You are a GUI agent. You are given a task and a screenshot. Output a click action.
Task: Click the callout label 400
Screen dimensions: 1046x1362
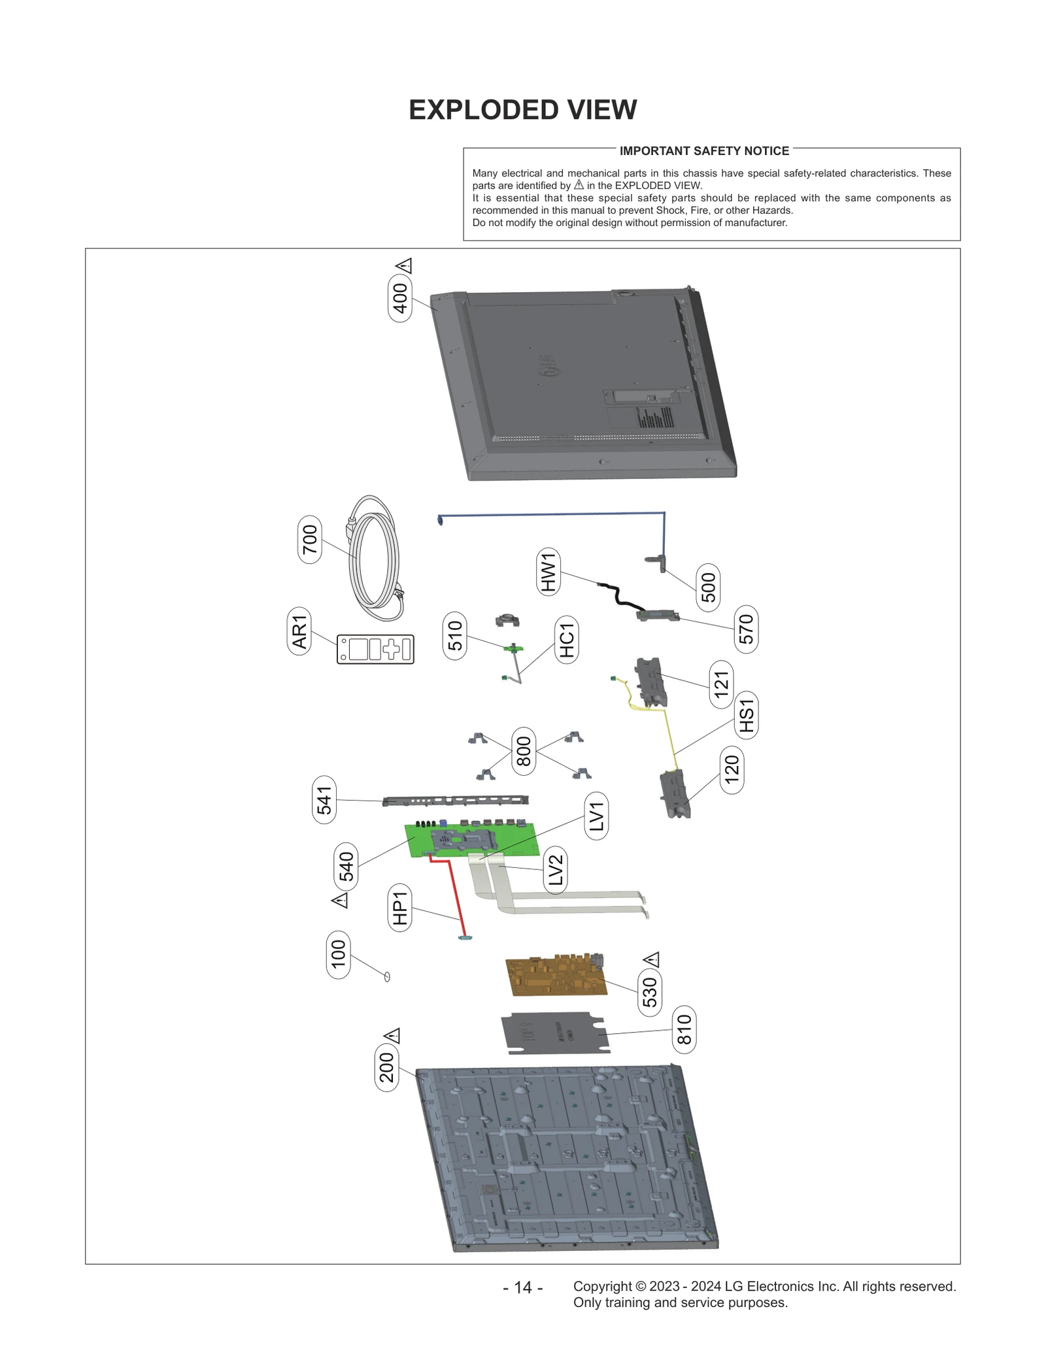(x=399, y=298)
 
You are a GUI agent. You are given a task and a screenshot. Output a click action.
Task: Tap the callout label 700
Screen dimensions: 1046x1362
(x=309, y=539)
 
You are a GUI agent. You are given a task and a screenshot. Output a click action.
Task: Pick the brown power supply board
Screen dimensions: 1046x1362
(x=556, y=977)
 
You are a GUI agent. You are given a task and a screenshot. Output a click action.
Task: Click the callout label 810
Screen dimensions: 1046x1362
(x=684, y=1029)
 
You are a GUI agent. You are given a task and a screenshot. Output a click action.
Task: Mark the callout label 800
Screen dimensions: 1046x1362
(x=524, y=751)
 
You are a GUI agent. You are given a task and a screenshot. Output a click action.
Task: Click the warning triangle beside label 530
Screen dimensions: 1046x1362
(x=651, y=959)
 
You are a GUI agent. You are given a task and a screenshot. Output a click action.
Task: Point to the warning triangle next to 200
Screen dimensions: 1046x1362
(x=392, y=1036)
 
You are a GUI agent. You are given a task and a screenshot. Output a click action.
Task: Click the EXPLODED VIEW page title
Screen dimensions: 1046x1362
(x=522, y=110)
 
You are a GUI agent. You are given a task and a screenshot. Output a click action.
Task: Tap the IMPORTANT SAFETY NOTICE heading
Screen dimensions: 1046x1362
(x=704, y=151)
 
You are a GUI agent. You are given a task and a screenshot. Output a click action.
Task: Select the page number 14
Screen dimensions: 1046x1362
(x=522, y=1287)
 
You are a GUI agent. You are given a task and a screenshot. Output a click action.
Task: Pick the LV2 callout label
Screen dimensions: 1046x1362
(x=555, y=870)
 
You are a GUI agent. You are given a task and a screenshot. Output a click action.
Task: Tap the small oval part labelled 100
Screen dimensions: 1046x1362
(x=386, y=976)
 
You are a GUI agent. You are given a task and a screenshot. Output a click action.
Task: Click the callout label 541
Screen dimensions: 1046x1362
(x=324, y=799)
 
